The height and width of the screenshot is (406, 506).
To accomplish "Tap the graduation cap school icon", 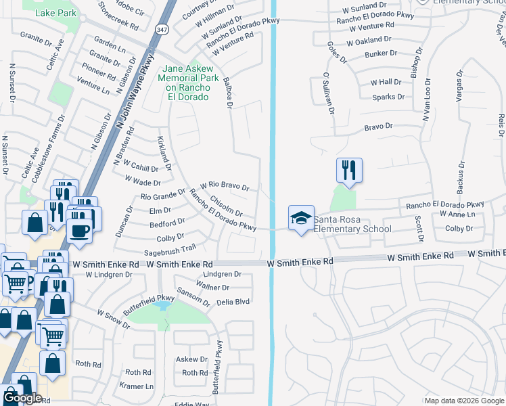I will pyautogui.click(x=301, y=218).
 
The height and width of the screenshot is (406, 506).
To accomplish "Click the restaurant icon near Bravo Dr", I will pyautogui.click(x=349, y=170).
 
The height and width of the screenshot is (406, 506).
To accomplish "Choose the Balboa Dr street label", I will pyautogui.click(x=228, y=93).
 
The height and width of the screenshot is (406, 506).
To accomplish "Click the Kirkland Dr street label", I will pyautogui.click(x=164, y=152).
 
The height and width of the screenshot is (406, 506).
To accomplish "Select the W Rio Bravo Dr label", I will pyautogui.click(x=225, y=185).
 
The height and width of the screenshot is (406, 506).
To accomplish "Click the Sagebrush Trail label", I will pyautogui.click(x=169, y=250).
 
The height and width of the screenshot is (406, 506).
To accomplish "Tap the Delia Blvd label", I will pyautogui.click(x=233, y=302).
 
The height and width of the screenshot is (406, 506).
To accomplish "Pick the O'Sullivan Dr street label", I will pyautogui.click(x=329, y=93).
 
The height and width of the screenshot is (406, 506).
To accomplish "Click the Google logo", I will pyautogui.click(x=22, y=398).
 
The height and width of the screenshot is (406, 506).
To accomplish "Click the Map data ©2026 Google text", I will pyautogui.click(x=464, y=401).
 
